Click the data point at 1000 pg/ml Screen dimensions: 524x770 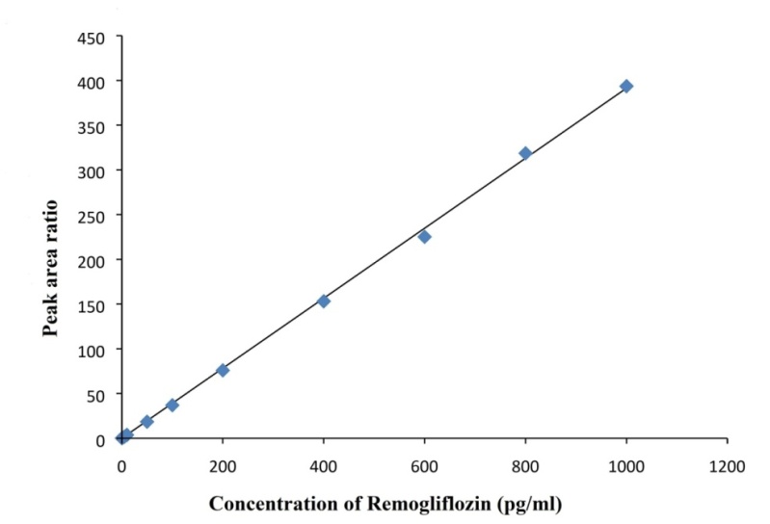point(626,87)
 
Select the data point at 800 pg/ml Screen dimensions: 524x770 point(525,153)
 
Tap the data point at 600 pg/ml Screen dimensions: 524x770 point(424,236)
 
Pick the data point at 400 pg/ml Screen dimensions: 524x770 point(324,301)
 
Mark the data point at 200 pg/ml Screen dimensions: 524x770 point(223,370)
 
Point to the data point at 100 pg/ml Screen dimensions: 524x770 point(173,405)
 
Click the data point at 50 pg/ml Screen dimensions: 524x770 point(146,421)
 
